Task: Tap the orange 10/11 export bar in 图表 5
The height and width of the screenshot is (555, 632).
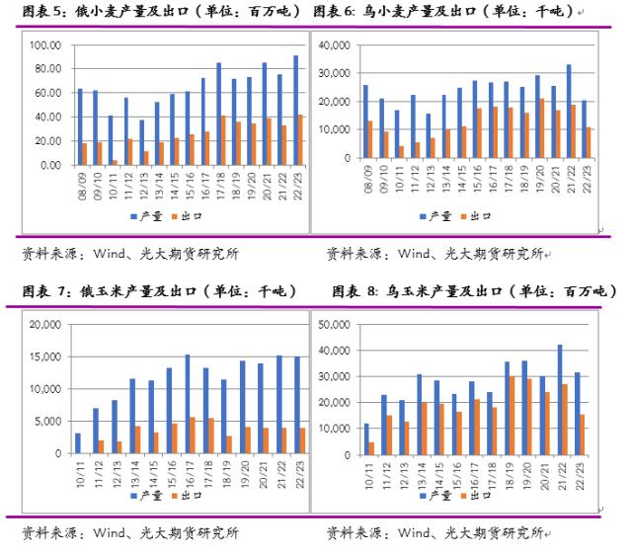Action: pyautogui.click(x=116, y=162)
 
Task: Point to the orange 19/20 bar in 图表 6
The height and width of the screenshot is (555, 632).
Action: pyautogui.click(x=542, y=127)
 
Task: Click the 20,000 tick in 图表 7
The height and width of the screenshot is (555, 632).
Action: pyautogui.click(x=48, y=324)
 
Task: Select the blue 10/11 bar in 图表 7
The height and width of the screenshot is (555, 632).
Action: pyautogui.click(x=77, y=442)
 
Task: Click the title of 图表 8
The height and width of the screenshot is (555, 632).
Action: pyautogui.click(x=474, y=291)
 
